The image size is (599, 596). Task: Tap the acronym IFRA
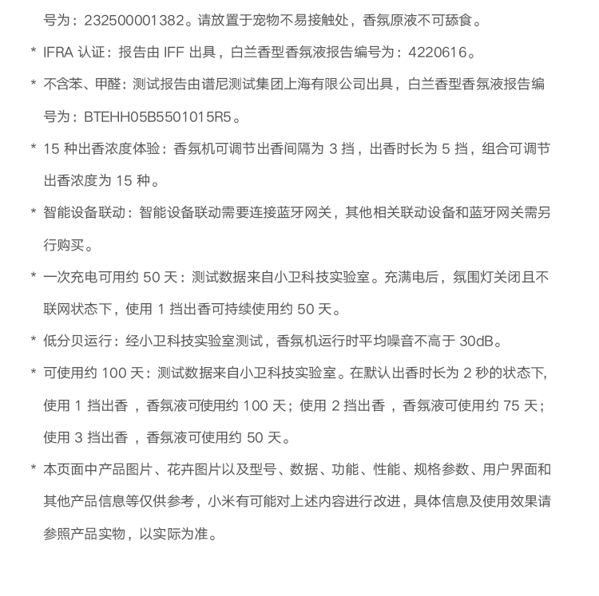click(x=58, y=53)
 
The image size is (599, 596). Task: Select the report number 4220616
click(x=437, y=53)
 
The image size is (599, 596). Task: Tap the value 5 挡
click(x=458, y=149)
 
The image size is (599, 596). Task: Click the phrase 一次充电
click(x=69, y=278)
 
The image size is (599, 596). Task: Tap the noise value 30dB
click(x=481, y=341)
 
